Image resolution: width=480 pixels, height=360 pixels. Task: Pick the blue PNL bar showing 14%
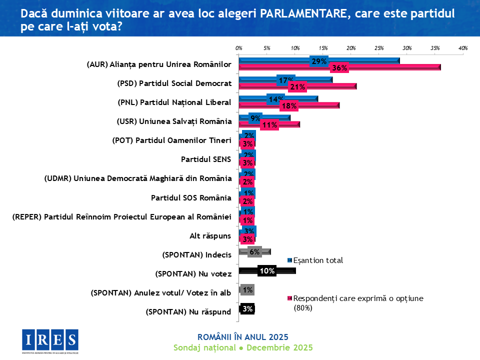300,98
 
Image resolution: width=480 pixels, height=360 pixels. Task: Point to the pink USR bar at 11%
290,124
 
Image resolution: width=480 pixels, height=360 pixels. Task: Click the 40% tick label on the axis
462,48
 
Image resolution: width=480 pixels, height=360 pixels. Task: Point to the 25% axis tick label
378,48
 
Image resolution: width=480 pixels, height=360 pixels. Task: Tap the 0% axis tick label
239,48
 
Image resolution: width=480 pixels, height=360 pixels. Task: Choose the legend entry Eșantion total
317,260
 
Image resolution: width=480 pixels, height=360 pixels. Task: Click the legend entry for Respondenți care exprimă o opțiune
357,298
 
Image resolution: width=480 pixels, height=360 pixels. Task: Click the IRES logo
50,341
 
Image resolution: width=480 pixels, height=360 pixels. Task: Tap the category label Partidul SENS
206,160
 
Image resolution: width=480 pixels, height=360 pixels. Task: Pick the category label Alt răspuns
210,236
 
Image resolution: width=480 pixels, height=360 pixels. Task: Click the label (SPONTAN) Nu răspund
188,312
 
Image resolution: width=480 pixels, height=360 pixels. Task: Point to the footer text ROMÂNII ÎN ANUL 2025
243,336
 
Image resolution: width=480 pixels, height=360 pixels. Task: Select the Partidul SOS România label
191,198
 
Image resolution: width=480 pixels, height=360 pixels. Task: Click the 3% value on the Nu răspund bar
247,309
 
